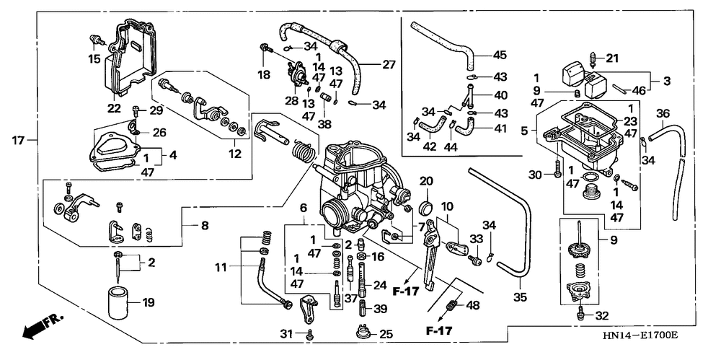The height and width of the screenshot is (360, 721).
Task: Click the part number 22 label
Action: [x=114, y=109]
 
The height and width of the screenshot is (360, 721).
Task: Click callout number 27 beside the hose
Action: [x=389, y=65]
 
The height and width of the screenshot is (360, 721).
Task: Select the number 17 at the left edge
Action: [x=18, y=139]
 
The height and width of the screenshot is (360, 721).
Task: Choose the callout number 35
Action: [x=520, y=297]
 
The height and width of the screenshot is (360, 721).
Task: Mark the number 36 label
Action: [x=663, y=113]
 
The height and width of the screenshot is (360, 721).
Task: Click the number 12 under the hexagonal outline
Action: [x=236, y=154]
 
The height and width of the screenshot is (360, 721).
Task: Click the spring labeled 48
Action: [x=453, y=304]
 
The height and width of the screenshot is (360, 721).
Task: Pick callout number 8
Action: [x=204, y=226]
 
